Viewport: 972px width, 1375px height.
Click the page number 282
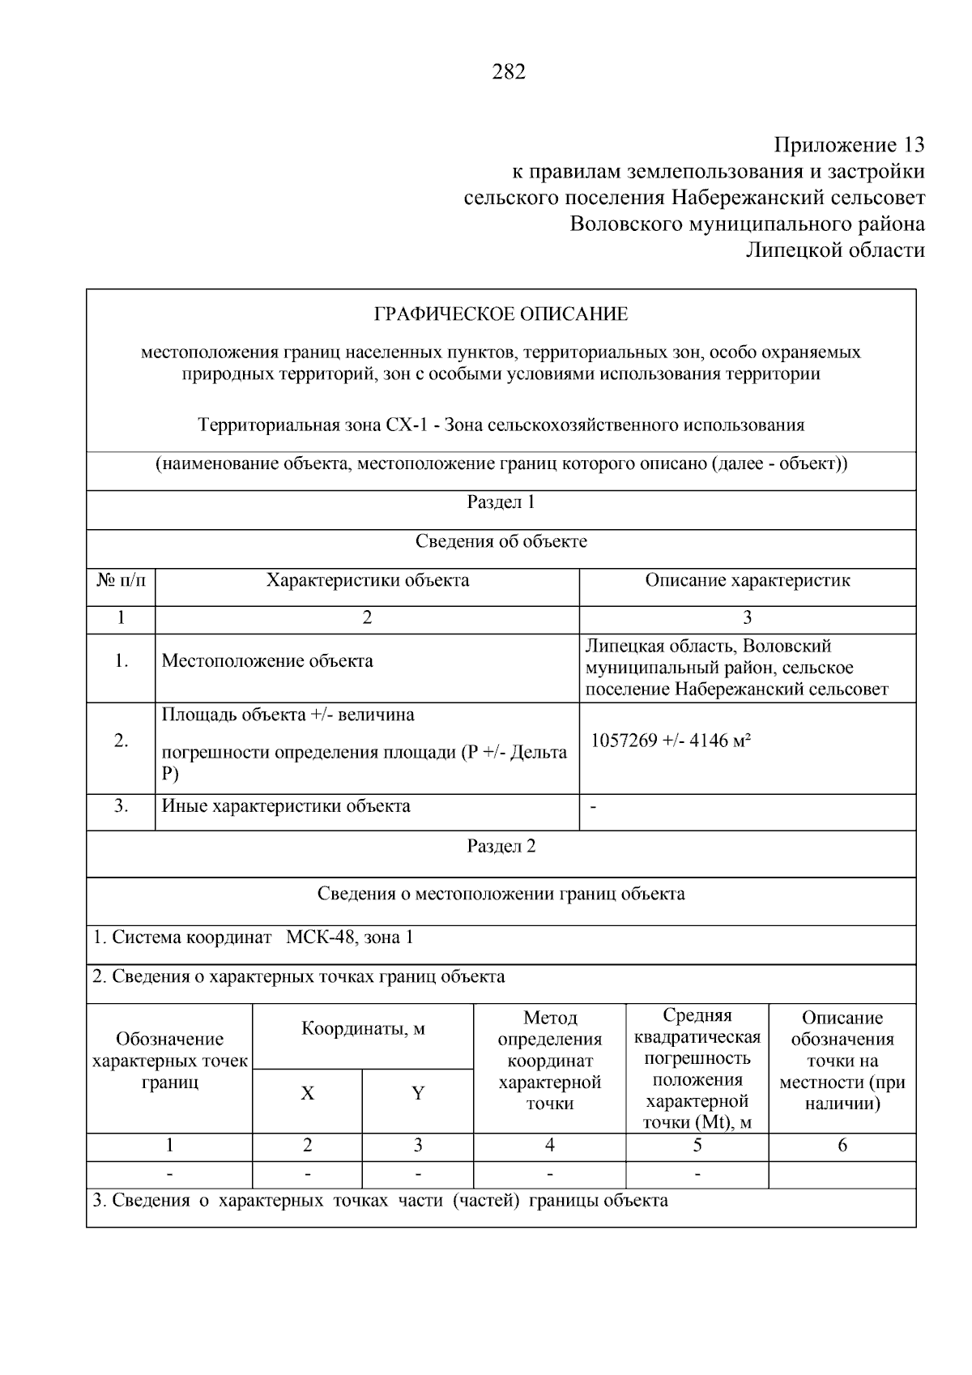click(x=509, y=72)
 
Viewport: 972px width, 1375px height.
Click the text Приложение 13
click(x=849, y=145)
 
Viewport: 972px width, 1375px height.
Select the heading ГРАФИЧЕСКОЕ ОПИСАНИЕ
click(x=501, y=314)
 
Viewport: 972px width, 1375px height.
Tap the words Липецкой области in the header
click(x=835, y=250)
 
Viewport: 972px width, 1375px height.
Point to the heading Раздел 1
click(x=501, y=502)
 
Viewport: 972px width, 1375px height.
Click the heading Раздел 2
click(x=501, y=847)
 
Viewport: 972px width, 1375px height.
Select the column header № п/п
click(x=121, y=580)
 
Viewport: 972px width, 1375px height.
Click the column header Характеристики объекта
click(x=368, y=580)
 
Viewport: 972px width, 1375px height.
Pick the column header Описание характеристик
click(x=747, y=580)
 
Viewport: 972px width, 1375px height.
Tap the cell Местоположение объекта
click(x=267, y=661)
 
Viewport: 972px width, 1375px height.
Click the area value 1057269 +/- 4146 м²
click(x=671, y=741)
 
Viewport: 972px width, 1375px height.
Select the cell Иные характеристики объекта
click(x=286, y=806)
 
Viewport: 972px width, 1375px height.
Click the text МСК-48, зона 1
click(x=349, y=937)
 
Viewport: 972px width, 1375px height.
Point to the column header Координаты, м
click(x=363, y=1029)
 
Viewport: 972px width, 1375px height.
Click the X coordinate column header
click(x=307, y=1094)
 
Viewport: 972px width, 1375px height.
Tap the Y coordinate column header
click(x=418, y=1094)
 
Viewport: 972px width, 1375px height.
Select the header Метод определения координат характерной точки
click(x=549, y=1060)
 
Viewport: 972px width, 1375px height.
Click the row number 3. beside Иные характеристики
click(x=121, y=806)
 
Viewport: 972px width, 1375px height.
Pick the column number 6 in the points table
click(x=842, y=1145)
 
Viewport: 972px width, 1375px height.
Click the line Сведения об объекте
click(x=501, y=541)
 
